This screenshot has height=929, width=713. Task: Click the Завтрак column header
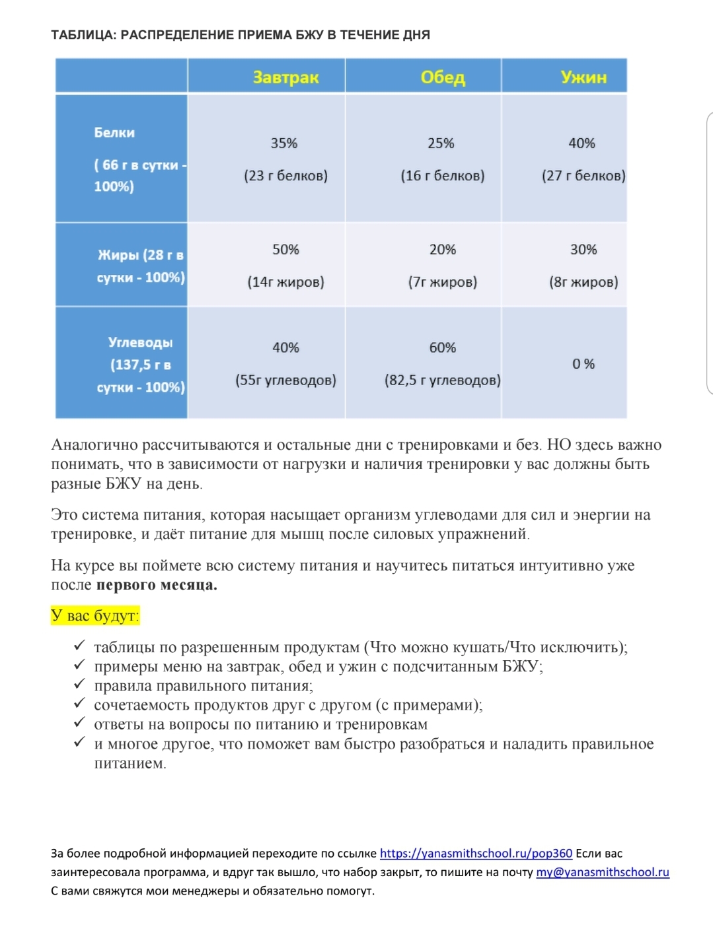285,77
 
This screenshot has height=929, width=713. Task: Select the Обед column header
443,77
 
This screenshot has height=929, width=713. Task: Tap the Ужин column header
583,77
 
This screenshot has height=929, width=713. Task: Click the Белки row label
114,133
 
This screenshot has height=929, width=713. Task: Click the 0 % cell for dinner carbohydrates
583,364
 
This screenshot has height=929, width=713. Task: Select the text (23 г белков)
285,176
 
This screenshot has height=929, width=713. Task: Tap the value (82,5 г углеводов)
442,380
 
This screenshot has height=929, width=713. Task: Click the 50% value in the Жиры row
285,250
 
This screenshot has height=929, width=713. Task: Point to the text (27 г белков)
583,176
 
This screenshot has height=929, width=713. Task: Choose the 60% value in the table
442,348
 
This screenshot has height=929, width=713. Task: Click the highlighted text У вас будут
95,616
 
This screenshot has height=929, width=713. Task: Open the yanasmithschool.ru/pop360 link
476,853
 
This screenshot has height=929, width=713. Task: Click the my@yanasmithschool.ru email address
602,872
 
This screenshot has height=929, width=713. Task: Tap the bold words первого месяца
157,585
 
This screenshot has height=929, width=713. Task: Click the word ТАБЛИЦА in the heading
83,35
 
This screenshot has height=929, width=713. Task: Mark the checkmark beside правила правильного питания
79,685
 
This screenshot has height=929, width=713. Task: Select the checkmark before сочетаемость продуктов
79,704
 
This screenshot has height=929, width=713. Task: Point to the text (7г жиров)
442,282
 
